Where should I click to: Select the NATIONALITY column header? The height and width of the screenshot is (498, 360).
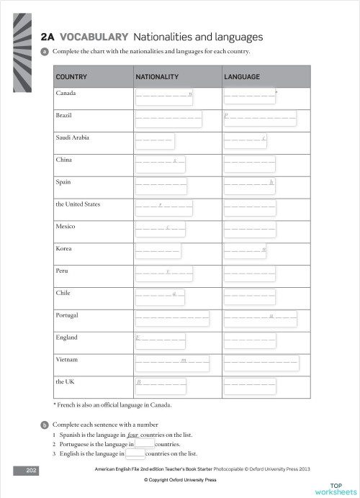[x=156, y=76]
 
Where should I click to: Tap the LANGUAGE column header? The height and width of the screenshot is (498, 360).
[x=242, y=76]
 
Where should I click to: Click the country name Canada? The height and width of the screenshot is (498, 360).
[x=66, y=94]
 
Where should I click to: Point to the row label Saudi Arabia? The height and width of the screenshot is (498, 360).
[x=73, y=137]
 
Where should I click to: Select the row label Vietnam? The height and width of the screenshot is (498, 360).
[x=67, y=358]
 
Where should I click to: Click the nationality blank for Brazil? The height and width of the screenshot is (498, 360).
[x=168, y=117]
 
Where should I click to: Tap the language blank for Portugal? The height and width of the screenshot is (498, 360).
[x=260, y=316]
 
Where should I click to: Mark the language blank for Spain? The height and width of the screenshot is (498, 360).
[x=249, y=184]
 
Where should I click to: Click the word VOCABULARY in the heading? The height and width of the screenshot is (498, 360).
[x=94, y=37]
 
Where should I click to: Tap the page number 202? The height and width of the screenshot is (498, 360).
[x=31, y=470]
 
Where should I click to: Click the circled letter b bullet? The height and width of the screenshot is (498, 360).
[x=45, y=425]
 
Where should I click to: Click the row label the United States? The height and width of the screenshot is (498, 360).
[x=78, y=204]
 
